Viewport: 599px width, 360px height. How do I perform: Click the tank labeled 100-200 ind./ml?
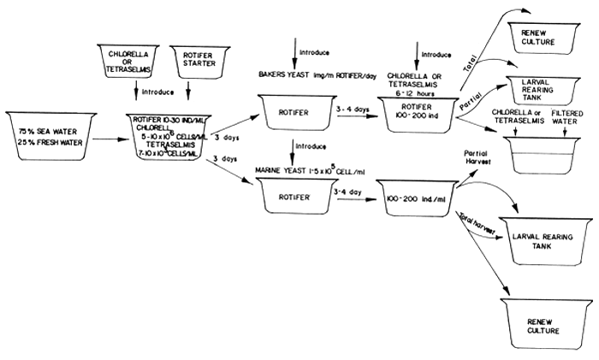[x=419, y=196]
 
